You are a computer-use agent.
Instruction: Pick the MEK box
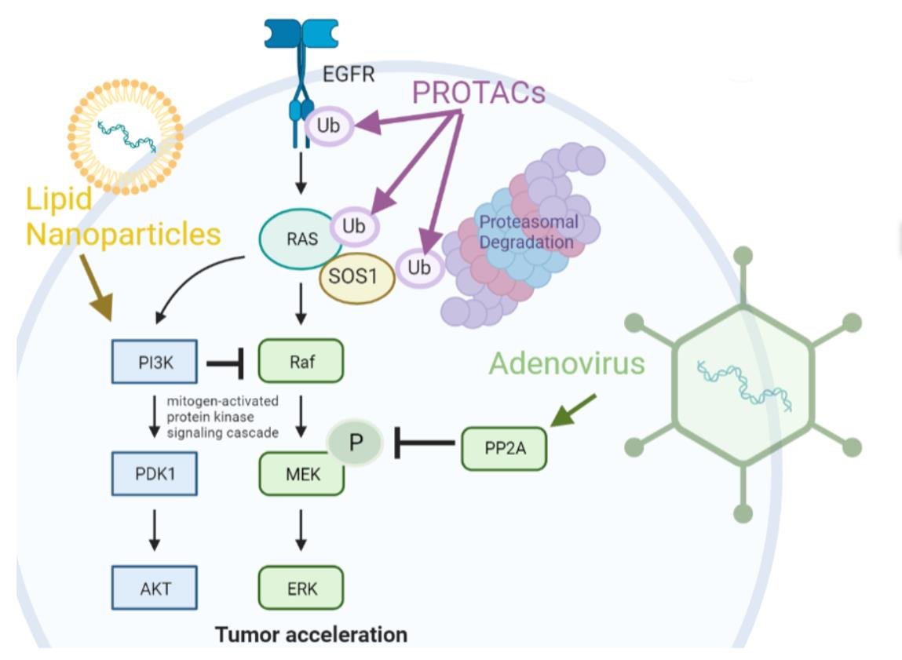301,474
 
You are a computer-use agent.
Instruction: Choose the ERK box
301,588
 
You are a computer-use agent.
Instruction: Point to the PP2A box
503,448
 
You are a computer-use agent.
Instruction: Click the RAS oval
303,239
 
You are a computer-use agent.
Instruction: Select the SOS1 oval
357,279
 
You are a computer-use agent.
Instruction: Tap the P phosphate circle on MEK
356,441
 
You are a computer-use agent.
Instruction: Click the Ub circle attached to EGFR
328,126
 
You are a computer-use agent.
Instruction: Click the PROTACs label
479,93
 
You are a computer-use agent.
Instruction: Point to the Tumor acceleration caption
312,633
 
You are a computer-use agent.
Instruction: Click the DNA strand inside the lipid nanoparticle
125,133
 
